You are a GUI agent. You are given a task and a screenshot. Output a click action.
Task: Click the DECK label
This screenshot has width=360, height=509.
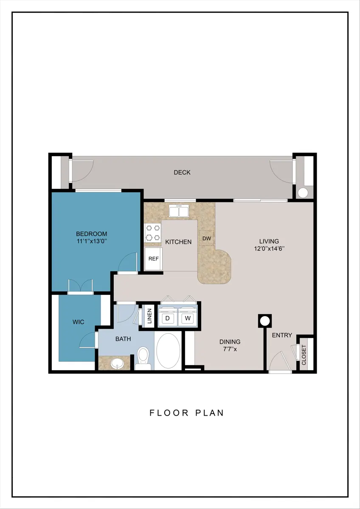[182, 173]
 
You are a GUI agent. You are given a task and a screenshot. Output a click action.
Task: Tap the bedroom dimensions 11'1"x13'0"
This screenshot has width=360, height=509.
[92, 241]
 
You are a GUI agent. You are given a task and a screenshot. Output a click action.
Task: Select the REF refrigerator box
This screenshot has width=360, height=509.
[154, 259]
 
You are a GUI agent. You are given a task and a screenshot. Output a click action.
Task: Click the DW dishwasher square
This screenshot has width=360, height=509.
[207, 238]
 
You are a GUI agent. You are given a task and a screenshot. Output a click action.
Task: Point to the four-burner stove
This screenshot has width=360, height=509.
[152, 233]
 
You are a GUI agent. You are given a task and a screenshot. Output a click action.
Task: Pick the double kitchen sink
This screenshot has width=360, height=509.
[179, 211]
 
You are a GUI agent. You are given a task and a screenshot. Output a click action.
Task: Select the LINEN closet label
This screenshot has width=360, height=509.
[149, 316]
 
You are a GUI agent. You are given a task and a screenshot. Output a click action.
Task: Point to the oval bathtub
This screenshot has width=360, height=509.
[168, 351]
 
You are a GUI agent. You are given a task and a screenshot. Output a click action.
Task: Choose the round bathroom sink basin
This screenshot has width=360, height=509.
[117, 364]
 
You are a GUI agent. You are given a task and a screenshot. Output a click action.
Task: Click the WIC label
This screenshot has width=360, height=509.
[78, 322]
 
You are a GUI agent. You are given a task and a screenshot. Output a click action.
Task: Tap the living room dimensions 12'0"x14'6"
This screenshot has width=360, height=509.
[269, 249]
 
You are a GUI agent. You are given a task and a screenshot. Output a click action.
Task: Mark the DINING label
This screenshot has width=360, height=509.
[230, 341]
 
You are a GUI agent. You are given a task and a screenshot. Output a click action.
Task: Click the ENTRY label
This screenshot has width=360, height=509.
[282, 335]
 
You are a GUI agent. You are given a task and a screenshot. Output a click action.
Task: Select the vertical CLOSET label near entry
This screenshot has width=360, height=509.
[304, 355]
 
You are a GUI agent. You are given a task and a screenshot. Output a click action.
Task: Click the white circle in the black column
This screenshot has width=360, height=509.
[265, 321]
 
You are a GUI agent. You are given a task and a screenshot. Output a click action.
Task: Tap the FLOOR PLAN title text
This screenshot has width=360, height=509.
[187, 413]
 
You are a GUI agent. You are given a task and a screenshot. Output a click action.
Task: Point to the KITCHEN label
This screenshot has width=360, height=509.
[178, 242]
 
